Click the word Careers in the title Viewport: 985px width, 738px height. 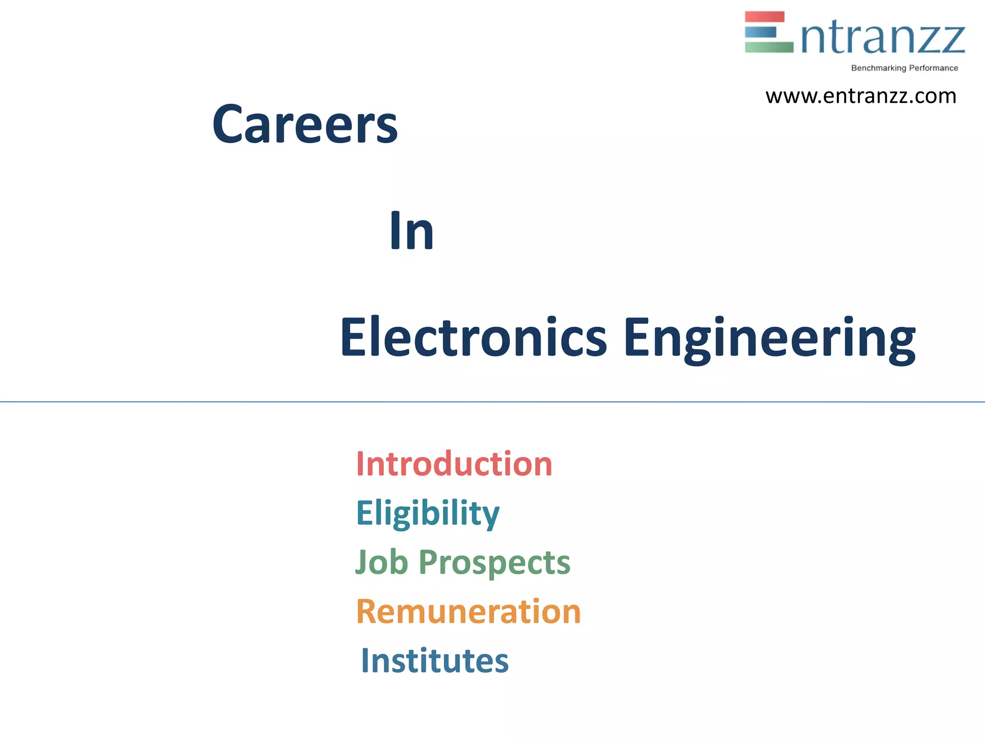click(305, 124)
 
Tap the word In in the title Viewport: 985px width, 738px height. click(412, 231)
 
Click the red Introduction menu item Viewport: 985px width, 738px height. click(454, 464)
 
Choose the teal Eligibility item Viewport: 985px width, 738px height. click(428, 514)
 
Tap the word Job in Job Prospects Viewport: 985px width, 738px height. click(381, 562)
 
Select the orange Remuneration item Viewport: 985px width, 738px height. click(468, 612)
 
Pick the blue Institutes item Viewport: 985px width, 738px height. click(435, 661)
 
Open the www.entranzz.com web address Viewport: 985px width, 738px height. click(861, 96)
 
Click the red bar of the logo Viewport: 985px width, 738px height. click(765, 17)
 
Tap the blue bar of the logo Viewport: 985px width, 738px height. click(760, 32)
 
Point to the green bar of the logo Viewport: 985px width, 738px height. click(769, 47)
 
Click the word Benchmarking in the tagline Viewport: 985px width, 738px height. click(878, 68)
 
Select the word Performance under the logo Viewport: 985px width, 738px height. click(934, 68)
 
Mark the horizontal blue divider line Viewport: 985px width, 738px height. click(492, 402)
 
